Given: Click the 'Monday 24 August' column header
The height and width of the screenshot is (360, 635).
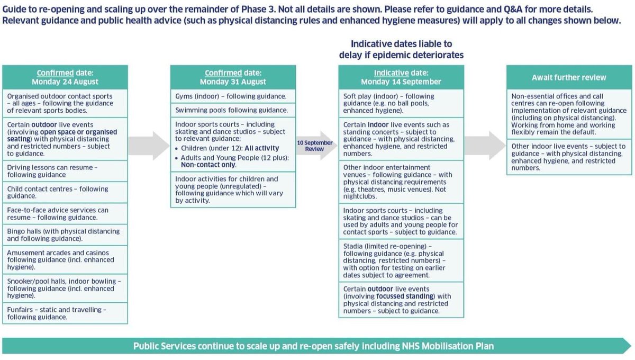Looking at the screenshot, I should (x=65, y=77).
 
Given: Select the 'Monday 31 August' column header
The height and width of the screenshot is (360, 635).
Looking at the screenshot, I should (x=233, y=77).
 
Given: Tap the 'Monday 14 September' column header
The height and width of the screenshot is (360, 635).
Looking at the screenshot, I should (x=401, y=77).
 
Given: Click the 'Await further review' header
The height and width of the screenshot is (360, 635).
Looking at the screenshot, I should (x=569, y=77).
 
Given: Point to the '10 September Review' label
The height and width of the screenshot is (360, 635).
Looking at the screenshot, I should (x=314, y=146).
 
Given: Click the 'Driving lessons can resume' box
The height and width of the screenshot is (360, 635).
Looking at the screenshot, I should (x=65, y=171).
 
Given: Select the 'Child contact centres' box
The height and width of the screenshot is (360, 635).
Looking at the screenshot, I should (x=65, y=192).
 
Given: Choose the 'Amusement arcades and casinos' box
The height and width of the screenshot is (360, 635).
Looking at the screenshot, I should (x=65, y=260).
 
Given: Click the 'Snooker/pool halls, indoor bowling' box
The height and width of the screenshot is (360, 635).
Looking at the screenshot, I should (x=65, y=289).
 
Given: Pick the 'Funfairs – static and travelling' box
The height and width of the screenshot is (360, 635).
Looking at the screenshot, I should (x=65, y=313).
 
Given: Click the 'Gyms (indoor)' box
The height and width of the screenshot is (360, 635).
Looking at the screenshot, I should (x=233, y=97).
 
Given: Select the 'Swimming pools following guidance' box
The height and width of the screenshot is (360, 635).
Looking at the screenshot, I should (x=233, y=111).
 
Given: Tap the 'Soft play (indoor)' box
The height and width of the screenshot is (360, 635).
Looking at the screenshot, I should (x=401, y=104).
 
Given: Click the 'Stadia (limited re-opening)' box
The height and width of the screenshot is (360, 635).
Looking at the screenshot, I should (x=401, y=260).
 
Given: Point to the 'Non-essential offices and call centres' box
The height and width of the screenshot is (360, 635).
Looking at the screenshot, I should (x=569, y=114).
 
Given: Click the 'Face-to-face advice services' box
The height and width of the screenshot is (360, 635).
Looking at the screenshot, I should (x=65, y=214).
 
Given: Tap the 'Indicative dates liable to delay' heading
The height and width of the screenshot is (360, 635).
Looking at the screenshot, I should (x=401, y=49).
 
